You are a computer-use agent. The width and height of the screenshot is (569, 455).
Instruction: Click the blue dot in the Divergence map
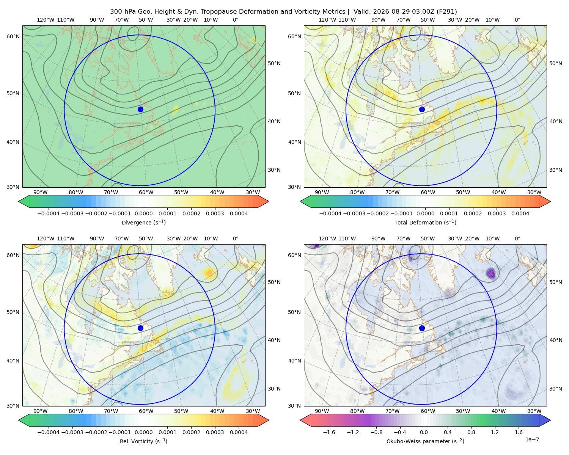140,109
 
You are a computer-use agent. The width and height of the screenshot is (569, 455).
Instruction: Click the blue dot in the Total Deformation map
422,109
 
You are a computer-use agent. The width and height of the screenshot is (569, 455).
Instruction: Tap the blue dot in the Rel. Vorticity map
140,328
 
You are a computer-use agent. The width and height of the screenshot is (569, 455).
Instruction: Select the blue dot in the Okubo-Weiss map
422,328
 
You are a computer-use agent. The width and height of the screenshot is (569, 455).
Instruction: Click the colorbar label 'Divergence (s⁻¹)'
143,222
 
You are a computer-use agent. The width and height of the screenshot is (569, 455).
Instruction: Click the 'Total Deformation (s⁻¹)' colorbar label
425,222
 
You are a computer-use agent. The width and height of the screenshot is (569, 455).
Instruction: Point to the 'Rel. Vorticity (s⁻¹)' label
143,441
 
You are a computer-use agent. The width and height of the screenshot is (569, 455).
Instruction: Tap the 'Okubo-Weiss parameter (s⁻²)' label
425,441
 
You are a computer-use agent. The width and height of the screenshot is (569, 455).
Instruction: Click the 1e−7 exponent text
532,439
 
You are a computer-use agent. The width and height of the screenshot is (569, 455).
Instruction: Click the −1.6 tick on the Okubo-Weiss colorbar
329,432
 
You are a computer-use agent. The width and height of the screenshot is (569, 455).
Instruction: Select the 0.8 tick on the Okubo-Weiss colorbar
471,432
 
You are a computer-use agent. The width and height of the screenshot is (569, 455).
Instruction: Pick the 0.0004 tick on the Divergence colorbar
239,213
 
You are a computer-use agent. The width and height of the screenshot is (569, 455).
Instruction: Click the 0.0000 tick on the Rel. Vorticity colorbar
143,432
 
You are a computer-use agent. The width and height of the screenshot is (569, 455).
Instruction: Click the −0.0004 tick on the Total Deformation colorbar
330,213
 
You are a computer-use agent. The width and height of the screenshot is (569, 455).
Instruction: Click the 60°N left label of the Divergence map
13,36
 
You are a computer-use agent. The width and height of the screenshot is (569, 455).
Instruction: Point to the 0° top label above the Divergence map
236,20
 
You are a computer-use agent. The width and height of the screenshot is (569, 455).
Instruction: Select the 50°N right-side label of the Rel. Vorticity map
274,282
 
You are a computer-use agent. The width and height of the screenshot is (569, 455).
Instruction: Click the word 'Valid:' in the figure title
362,12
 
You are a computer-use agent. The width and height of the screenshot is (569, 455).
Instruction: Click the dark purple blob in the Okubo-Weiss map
491,273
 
